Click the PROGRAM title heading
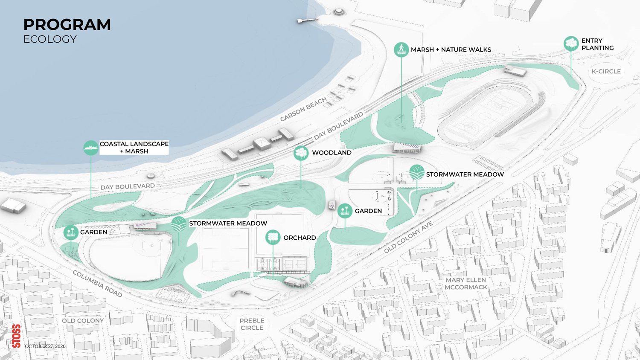(67, 25)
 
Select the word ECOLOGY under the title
(50, 39)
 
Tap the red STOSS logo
(16, 336)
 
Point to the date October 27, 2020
(45, 346)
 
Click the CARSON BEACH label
(303, 109)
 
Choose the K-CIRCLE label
(606, 72)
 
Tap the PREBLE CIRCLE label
(252, 324)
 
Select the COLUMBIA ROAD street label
(97, 284)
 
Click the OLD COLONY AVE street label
(408, 237)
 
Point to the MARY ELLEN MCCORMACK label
(466, 284)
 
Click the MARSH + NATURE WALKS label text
(451, 50)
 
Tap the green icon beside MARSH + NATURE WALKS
(401, 49)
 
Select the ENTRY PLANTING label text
(597, 44)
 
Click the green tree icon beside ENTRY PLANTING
(571, 43)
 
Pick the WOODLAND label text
(332, 153)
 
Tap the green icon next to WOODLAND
(301, 153)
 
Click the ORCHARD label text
(300, 238)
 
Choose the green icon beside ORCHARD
(273, 237)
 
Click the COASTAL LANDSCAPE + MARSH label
(134, 148)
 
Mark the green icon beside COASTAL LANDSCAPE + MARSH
(91, 148)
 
